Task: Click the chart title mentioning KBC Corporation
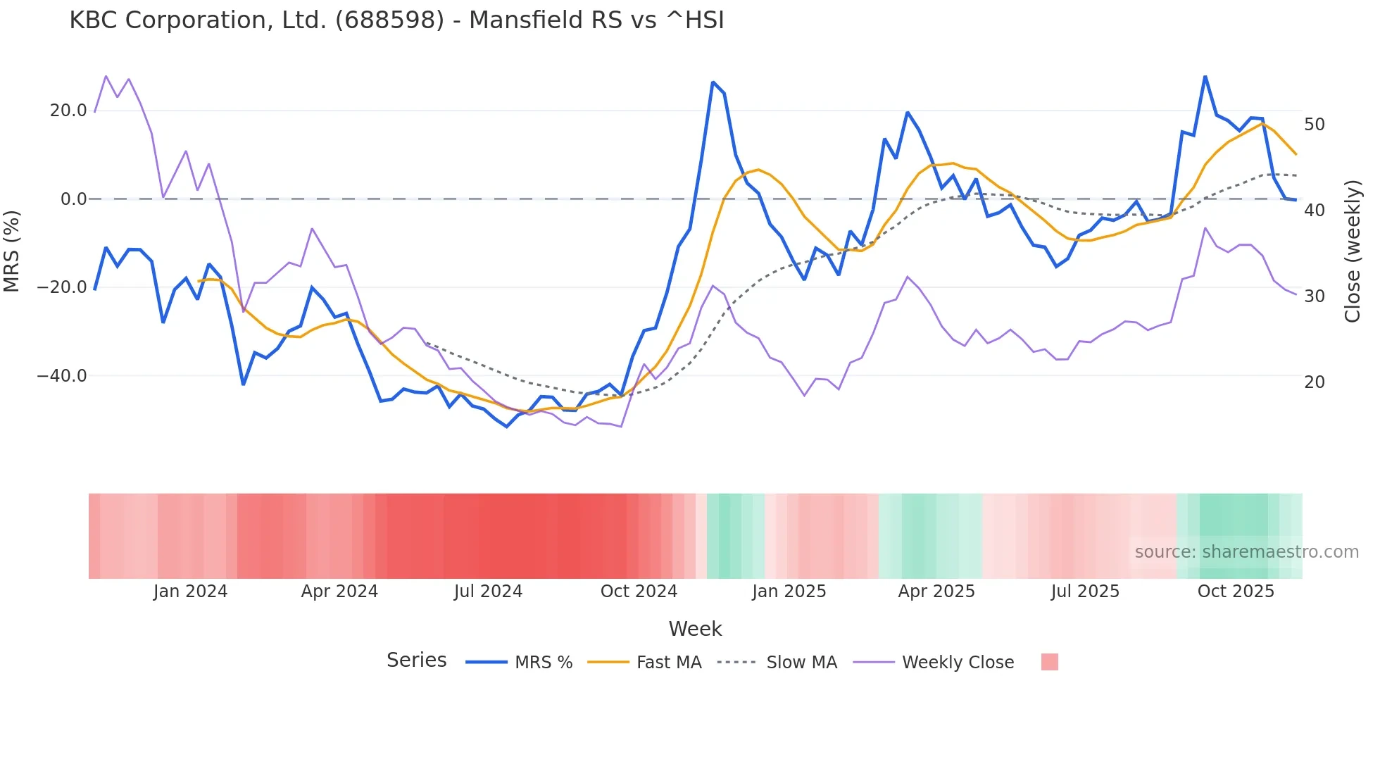coord(396,20)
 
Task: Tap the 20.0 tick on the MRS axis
coord(68,111)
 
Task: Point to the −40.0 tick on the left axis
coord(62,376)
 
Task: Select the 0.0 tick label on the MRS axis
coord(74,199)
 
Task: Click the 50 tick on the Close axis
coord(1314,125)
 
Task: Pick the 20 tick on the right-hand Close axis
coord(1314,382)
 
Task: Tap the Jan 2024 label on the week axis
coord(190,592)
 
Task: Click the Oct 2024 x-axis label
coord(639,592)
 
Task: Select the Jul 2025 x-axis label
coord(1085,592)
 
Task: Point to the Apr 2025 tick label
coord(936,592)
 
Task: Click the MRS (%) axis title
coord(12,251)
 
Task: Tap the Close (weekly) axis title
coord(1353,251)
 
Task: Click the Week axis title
coord(695,629)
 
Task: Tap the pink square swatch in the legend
coord(1049,662)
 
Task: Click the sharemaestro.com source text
coord(1246,552)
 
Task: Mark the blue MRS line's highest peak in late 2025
coord(1205,77)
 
